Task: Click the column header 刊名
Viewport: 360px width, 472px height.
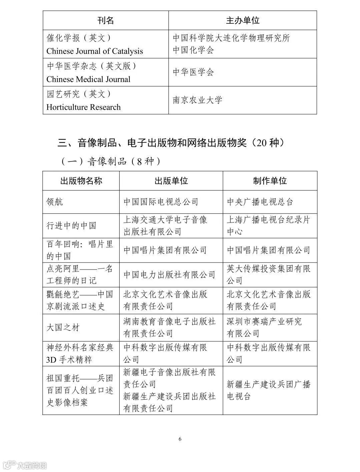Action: [106, 21]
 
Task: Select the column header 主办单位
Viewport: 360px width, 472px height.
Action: [243, 21]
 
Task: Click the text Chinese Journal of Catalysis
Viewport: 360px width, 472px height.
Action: [95, 51]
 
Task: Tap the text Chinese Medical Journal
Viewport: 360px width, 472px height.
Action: [88, 79]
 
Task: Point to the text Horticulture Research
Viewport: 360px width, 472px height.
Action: [83, 107]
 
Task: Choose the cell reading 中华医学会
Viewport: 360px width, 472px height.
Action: [193, 72]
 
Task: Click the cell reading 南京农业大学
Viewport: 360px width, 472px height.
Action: [197, 100]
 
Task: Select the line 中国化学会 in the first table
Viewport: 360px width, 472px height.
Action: [193, 50]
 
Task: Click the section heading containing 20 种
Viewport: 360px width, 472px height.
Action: [172, 143]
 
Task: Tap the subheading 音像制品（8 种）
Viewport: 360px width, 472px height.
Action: [111, 161]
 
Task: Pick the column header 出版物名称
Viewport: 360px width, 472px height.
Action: [81, 181]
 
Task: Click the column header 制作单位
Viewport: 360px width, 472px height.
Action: [270, 181]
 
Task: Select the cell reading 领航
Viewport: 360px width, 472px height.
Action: [55, 202]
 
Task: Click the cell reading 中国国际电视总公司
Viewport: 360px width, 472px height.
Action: [161, 202]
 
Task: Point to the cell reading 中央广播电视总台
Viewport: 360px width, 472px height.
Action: [260, 202]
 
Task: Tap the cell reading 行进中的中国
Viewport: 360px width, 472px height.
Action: [71, 226]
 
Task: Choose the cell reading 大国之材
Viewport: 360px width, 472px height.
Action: [63, 327]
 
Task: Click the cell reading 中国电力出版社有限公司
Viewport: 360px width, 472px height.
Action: [169, 275]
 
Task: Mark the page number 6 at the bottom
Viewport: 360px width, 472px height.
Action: [180, 439]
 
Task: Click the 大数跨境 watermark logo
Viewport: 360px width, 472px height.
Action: [25, 465]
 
